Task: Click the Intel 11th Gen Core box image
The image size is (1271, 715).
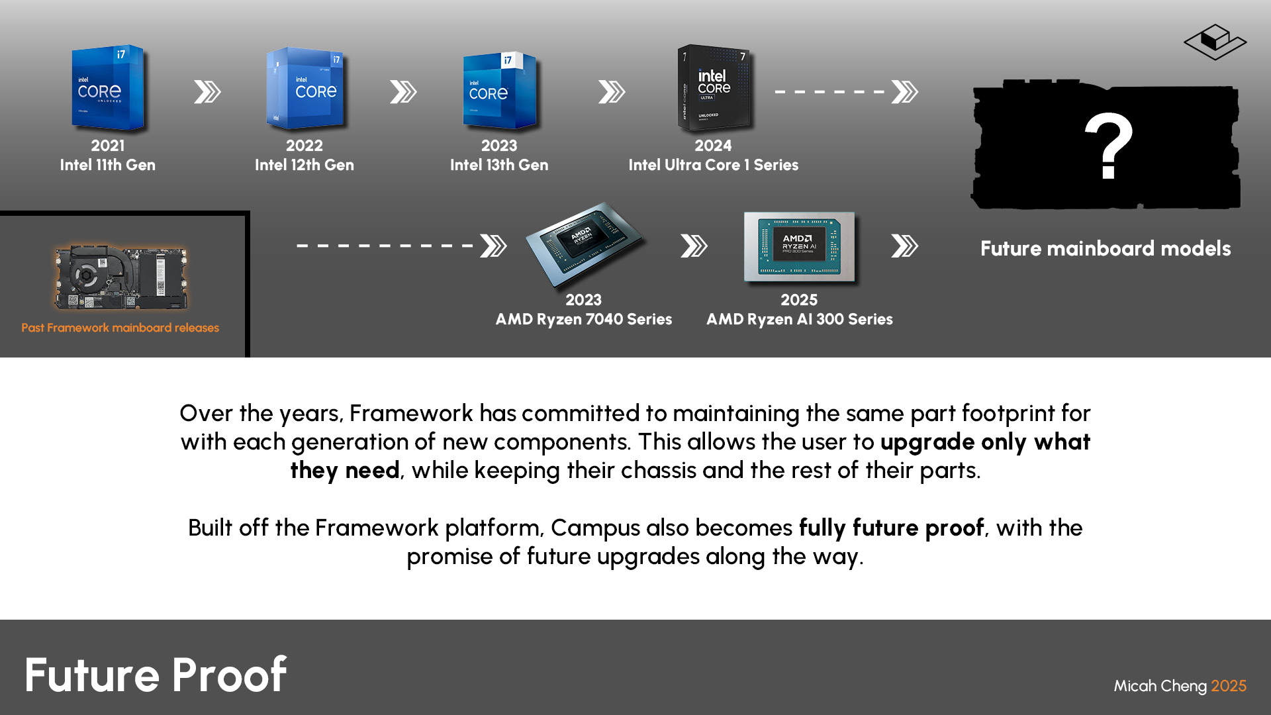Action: pos(108,88)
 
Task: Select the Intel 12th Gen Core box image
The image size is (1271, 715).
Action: pos(305,88)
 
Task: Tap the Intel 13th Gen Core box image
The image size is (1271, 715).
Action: pos(500,90)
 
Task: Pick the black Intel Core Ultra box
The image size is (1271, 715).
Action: pos(715,87)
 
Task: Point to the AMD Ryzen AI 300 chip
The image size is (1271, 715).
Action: pos(800,247)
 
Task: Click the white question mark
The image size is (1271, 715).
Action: pos(1109,146)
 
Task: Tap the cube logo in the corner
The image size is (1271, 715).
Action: pos(1215,42)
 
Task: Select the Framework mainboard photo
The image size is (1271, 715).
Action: pos(120,277)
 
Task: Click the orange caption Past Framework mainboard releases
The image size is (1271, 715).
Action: pos(120,328)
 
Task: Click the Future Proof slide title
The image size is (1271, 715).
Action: pos(156,675)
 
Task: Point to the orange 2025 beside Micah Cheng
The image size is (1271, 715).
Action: pos(1229,686)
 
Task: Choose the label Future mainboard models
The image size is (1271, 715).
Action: pos(1106,248)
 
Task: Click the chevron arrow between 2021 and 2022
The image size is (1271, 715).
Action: pos(207,92)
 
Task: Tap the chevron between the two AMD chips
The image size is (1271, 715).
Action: pos(694,246)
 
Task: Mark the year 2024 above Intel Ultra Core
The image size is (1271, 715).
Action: pos(713,146)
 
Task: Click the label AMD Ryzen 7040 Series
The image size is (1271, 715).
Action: pos(584,319)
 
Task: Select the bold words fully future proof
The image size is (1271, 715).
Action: pos(891,528)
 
